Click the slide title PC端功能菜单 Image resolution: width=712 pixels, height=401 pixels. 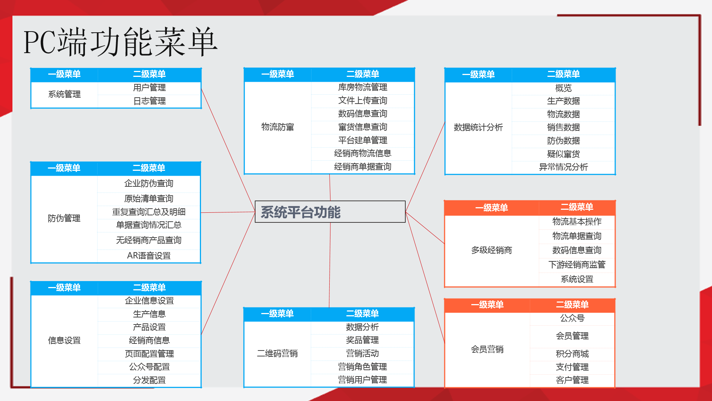pyautogui.click(x=120, y=42)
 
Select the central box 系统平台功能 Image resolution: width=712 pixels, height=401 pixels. pyautogui.click(x=330, y=212)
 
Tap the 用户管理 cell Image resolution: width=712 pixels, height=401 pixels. pyautogui.click(x=149, y=88)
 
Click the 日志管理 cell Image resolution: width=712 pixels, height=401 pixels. pyautogui.click(x=149, y=101)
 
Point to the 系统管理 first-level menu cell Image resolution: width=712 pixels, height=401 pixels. pyautogui.click(x=65, y=94)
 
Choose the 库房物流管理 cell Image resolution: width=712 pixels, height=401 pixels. pyautogui.click(x=363, y=87)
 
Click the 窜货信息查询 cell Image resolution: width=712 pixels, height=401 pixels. pyautogui.click(x=363, y=127)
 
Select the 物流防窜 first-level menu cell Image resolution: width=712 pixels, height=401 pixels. pyautogui.click(x=278, y=127)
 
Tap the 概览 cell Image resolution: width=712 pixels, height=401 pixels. pyautogui.click(x=563, y=88)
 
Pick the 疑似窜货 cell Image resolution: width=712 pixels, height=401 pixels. pyautogui.click(x=563, y=154)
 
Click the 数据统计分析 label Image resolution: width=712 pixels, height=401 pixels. pyautogui.click(x=478, y=127)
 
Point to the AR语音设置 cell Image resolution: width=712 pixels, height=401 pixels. pyautogui.click(x=149, y=256)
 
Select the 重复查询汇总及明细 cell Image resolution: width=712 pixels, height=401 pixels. pyautogui.click(x=149, y=212)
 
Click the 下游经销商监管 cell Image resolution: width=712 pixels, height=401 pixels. pyautogui.click(x=577, y=265)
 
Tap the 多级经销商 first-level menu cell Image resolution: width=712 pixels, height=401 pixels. pyautogui.click(x=492, y=251)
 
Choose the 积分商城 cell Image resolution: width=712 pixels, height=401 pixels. pyautogui.click(x=572, y=354)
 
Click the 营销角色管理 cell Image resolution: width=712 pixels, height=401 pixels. pyautogui.click(x=362, y=367)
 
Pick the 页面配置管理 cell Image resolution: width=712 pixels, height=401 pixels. pyautogui.click(x=149, y=354)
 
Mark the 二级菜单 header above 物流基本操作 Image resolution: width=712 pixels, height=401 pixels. pyautogui.click(x=577, y=207)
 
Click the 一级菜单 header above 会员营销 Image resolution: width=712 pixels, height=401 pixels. pyautogui.click(x=487, y=305)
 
